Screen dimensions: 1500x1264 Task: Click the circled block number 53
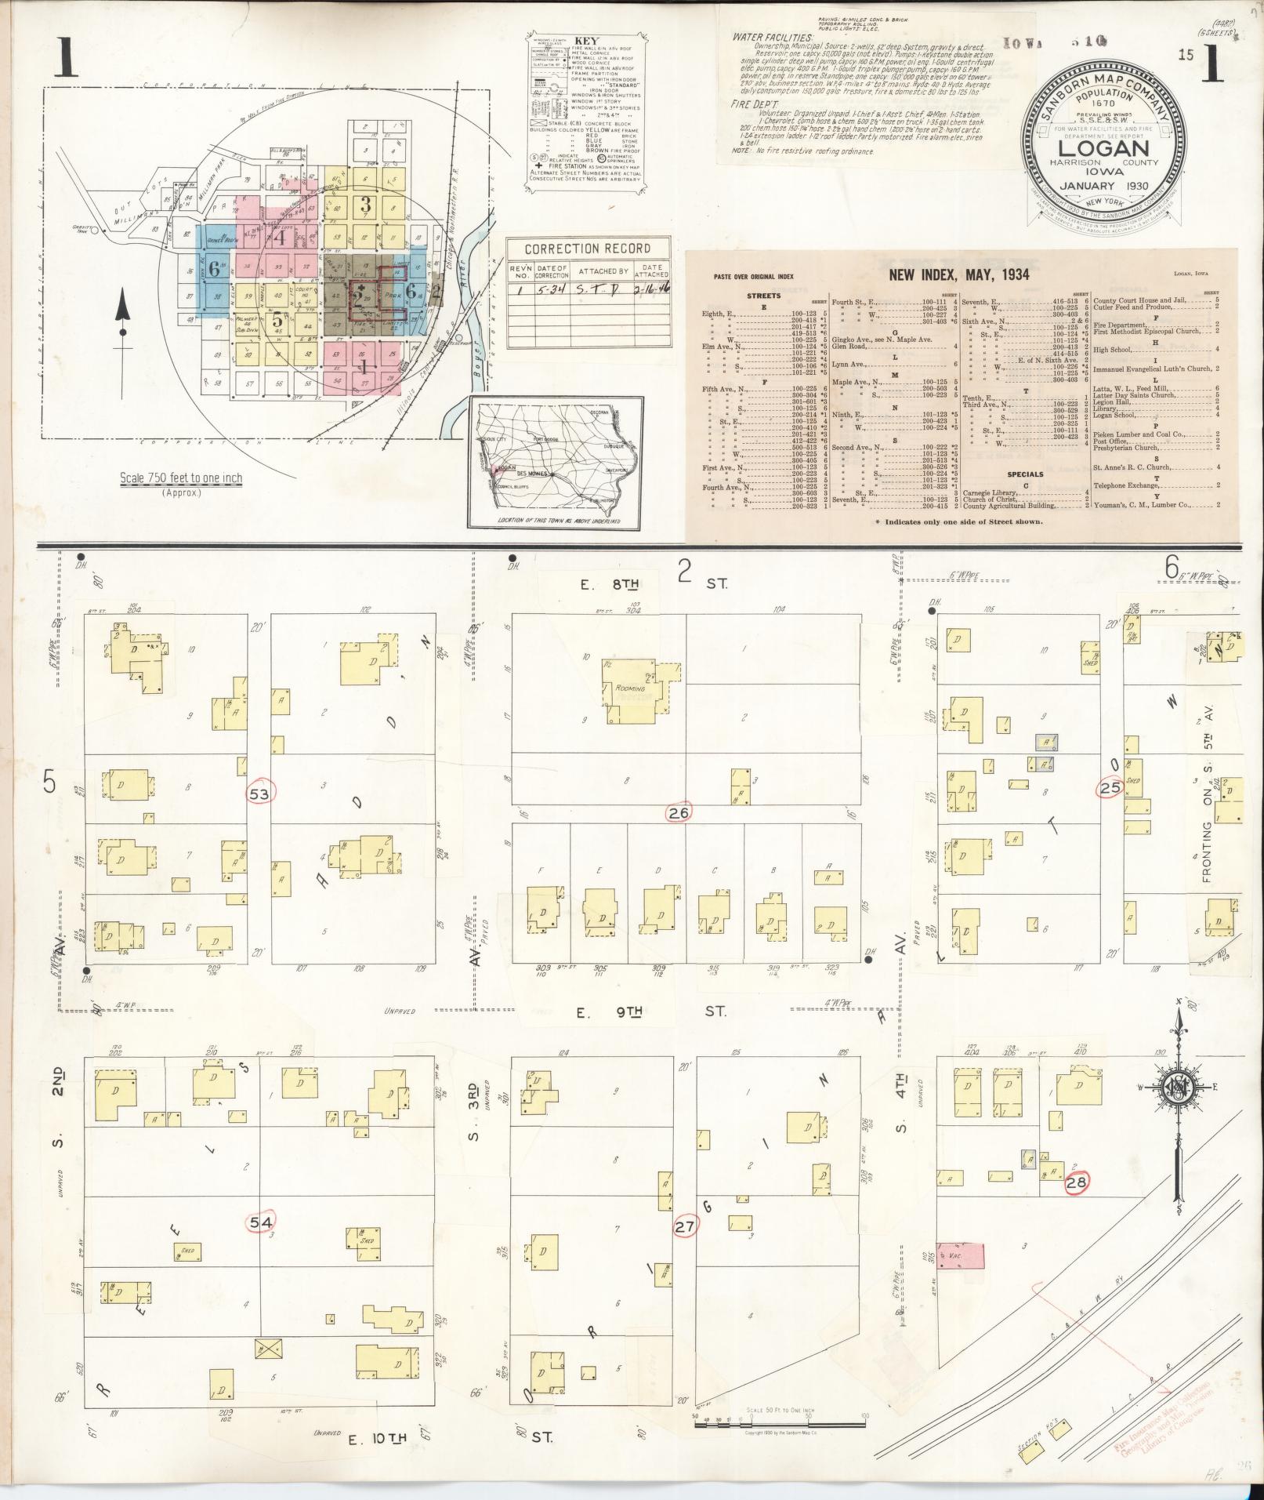(x=259, y=794)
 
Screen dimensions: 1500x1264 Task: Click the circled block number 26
(x=679, y=813)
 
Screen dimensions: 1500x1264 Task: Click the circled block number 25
(x=1110, y=788)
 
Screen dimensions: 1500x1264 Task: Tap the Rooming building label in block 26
(x=631, y=688)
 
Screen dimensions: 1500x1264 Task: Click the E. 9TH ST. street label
(x=651, y=1012)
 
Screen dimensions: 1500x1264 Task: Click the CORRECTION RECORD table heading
(x=587, y=249)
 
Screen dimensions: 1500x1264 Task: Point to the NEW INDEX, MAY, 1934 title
(x=958, y=275)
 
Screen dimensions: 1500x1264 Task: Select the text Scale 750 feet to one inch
(x=181, y=478)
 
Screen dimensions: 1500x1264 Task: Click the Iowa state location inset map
(x=556, y=463)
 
